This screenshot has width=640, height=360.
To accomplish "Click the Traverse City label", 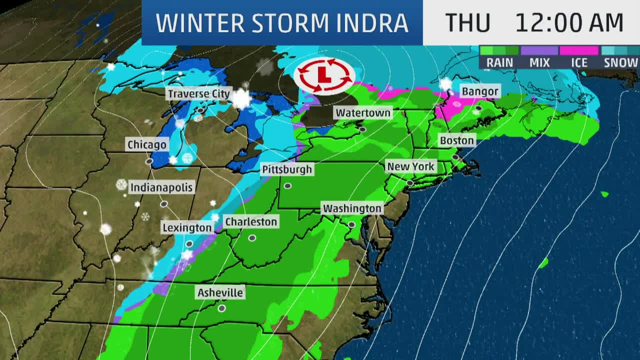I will (x=198, y=93).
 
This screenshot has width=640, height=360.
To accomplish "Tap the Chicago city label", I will (x=146, y=144).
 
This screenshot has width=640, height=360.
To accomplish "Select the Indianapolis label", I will (x=161, y=187).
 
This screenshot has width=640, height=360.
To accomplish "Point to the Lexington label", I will (x=187, y=227).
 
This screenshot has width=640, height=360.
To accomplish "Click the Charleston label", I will (x=250, y=221).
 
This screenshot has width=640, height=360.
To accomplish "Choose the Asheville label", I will (x=220, y=292).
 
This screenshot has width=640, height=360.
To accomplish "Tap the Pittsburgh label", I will (x=287, y=169).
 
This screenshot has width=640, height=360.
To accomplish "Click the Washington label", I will (x=352, y=208).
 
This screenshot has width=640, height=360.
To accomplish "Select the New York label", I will (x=411, y=166).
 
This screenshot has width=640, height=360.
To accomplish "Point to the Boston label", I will (x=456, y=140).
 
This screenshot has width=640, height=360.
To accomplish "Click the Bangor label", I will (x=480, y=91).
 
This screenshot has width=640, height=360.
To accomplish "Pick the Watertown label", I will (x=363, y=112).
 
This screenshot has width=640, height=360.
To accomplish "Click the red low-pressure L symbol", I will (x=324, y=75).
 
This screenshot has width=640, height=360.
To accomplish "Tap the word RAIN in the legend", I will (x=499, y=62).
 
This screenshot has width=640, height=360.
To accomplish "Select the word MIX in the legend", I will (x=539, y=62).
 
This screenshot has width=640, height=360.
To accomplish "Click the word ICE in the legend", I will (x=578, y=62).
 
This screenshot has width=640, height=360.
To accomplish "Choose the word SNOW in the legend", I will (x=620, y=62).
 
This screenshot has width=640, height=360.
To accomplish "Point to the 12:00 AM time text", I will (x=569, y=23).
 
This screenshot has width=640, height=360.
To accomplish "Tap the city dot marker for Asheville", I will (x=221, y=308).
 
